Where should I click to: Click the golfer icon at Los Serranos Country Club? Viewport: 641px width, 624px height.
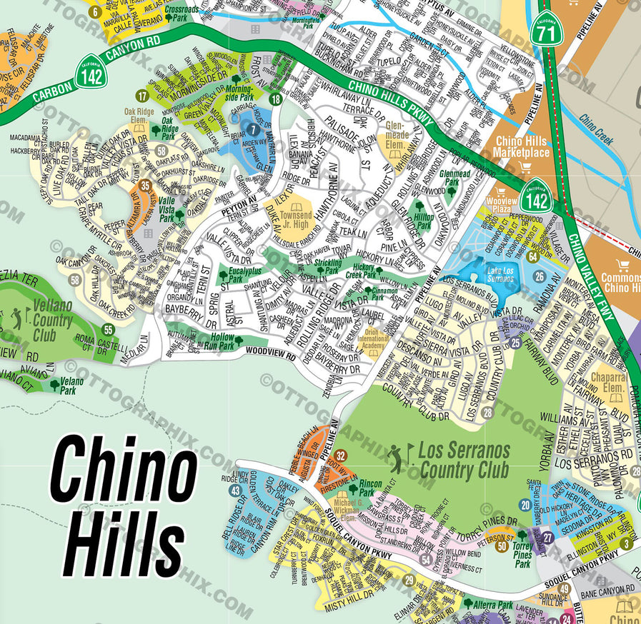tap(395, 454)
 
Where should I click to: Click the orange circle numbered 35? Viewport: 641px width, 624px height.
tap(146, 186)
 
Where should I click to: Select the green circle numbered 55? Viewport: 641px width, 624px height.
tap(108, 329)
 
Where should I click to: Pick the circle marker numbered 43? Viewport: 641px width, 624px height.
tap(235, 490)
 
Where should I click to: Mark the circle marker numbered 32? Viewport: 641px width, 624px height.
tap(341, 456)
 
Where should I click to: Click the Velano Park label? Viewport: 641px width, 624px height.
tap(71, 386)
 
